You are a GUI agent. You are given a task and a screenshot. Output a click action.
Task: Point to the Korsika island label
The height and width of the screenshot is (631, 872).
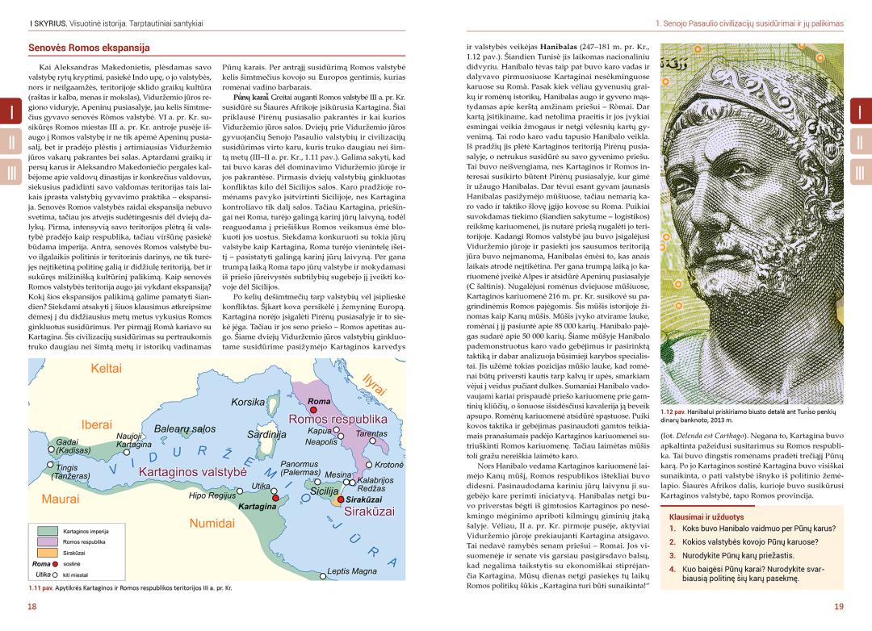coord(249,401)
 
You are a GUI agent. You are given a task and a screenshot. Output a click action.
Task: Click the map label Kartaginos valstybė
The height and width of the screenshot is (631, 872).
coord(191,471)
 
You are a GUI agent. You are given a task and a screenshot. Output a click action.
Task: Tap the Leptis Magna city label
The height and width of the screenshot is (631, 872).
coord(352,571)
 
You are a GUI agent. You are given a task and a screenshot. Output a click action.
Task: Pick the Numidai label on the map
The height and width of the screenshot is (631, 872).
coord(212,523)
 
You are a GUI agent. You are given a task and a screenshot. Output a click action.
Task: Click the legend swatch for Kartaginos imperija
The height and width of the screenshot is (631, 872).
coord(45,532)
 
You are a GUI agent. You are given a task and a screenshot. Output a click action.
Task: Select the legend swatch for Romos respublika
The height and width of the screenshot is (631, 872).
coord(45,542)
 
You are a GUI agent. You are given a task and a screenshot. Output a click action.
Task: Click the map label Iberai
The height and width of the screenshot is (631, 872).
coord(96,424)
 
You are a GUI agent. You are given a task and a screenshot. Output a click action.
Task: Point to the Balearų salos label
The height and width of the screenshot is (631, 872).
coord(186,429)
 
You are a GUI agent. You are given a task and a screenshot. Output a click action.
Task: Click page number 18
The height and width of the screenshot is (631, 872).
coord(33,606)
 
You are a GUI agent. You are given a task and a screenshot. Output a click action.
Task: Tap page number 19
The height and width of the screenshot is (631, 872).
coord(839,606)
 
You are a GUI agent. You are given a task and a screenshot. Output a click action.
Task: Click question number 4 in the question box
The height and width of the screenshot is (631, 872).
coord(672,568)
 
